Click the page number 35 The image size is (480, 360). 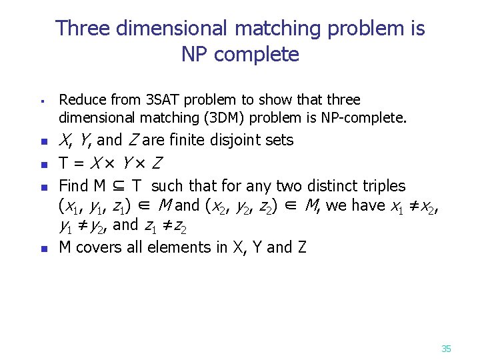tap(446, 349)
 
